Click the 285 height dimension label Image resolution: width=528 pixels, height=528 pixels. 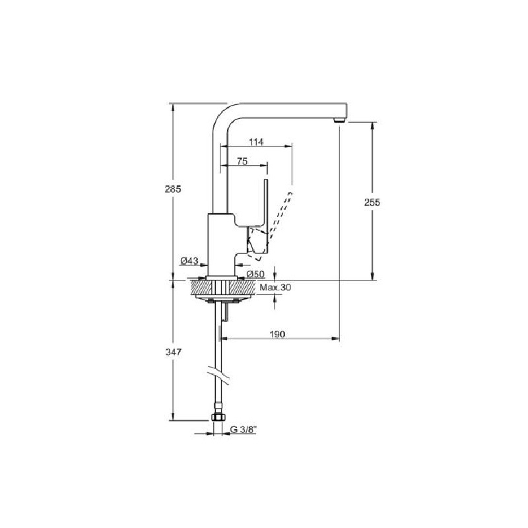click(173, 189)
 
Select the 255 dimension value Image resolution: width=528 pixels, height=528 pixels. click(372, 203)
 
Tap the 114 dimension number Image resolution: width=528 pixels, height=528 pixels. click(256, 142)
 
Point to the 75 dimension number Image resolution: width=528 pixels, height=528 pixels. click(242, 161)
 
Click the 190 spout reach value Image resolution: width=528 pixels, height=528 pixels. click(277, 334)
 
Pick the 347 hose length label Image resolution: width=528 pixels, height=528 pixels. click(174, 352)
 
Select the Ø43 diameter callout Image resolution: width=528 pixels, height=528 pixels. click(189, 261)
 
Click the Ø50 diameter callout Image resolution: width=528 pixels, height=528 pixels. click(255, 275)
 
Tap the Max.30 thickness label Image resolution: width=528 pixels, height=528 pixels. click(275, 287)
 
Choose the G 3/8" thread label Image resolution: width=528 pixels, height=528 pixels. click(244, 430)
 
